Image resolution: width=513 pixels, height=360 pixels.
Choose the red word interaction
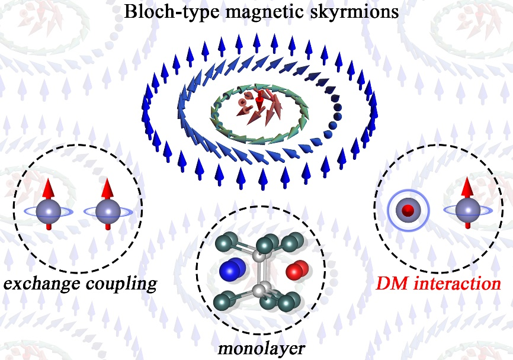click(x=457, y=284)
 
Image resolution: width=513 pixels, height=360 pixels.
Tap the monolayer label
click(x=256, y=346)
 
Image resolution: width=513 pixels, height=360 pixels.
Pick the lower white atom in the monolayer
click(x=259, y=290)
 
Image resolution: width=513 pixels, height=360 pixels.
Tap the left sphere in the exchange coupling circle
click(x=47, y=210)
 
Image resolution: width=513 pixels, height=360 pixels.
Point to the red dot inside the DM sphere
click(x=407, y=210)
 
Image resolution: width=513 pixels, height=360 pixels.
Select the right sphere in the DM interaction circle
click(x=468, y=210)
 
